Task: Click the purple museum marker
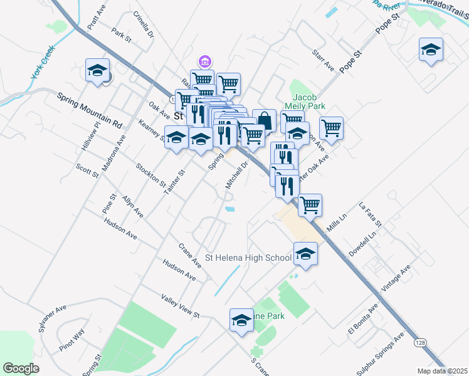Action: pos(204,61)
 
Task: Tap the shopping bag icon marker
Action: pos(265,120)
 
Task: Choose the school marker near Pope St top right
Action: pos(431,50)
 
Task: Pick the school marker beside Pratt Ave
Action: pos(97,70)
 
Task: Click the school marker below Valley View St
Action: pos(241,320)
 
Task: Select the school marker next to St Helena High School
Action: pos(305,253)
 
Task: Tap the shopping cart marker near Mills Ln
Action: pos(310,204)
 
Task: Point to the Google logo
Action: pos(21,368)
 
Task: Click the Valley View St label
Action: pos(180,305)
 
